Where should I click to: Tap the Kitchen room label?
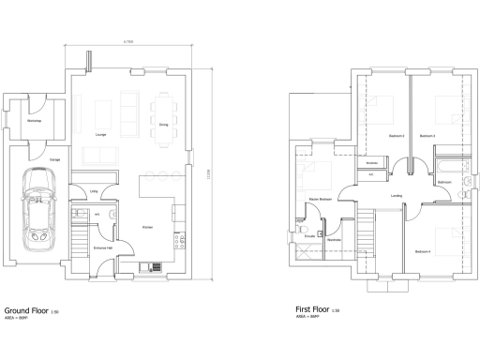[147, 228]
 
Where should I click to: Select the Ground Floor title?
[27, 308]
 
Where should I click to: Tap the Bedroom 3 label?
[427, 136]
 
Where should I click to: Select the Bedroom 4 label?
[423, 250]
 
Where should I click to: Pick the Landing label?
[397, 195]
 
